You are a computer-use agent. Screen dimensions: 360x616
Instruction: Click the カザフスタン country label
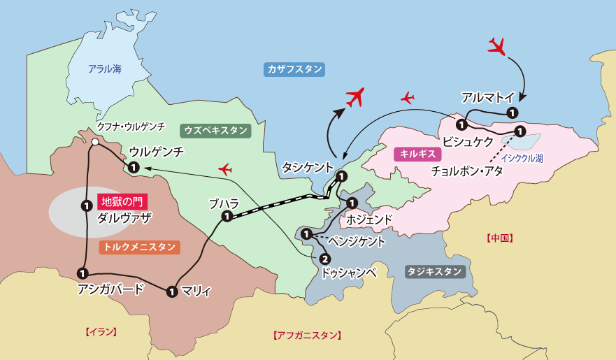(294, 69)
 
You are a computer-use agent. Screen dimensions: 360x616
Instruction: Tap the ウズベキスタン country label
(215, 130)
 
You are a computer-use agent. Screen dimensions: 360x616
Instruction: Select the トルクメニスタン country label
(140, 247)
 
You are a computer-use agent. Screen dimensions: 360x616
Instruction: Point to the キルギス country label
(413, 154)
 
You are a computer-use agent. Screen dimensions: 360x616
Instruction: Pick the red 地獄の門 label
(122, 201)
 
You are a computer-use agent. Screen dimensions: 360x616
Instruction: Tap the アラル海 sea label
(105, 69)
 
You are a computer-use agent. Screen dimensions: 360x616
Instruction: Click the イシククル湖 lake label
(521, 159)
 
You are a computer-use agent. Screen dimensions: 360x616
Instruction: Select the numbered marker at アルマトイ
(512, 112)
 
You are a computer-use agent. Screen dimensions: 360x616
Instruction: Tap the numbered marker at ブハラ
(227, 217)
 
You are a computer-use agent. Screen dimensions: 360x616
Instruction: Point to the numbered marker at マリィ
(172, 291)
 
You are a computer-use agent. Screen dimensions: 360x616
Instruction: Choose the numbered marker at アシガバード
(83, 273)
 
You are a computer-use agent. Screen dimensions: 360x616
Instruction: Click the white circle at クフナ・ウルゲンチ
(94, 142)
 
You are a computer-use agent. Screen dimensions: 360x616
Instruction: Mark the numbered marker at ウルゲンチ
(133, 166)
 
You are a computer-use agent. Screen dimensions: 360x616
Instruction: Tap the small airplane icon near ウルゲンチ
(225, 168)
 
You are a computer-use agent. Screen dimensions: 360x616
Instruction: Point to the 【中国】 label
(499, 238)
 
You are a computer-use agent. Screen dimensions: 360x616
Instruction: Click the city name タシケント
(307, 167)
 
